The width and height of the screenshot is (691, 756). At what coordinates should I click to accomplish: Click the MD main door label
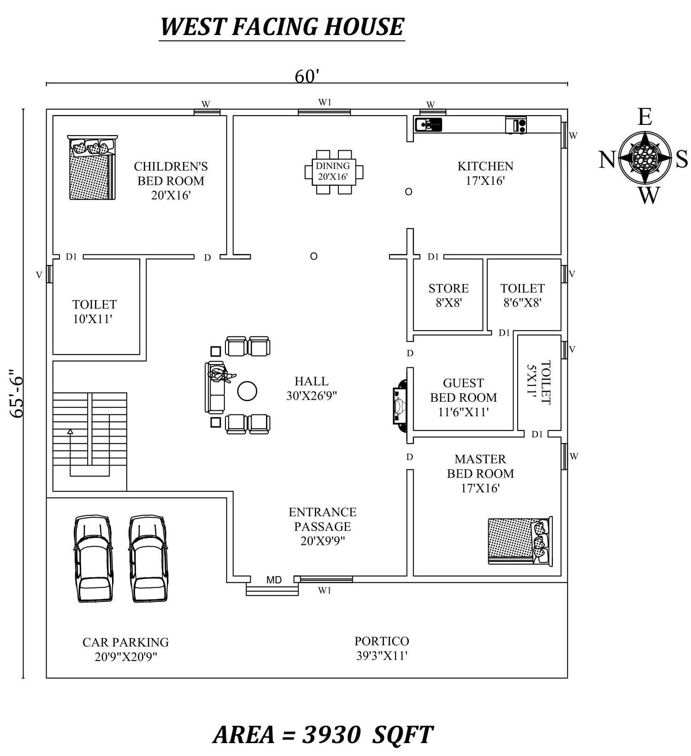[274, 580]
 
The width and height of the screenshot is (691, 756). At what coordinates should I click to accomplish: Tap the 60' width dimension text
[307, 76]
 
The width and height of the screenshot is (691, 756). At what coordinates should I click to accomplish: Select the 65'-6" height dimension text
[17, 393]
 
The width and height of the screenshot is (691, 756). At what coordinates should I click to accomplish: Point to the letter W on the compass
[649, 195]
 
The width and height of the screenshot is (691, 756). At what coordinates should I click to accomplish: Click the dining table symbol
[334, 171]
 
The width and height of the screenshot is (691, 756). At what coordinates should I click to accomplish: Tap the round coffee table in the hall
[247, 391]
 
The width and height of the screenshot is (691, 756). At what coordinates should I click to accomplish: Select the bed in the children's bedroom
[92, 169]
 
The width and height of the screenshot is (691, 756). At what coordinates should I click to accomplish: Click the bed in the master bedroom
[520, 541]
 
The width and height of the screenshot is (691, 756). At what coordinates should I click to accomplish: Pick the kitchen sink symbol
[428, 124]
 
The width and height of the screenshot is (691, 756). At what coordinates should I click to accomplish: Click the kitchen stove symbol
[516, 125]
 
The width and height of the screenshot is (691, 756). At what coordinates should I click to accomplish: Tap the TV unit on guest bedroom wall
[400, 406]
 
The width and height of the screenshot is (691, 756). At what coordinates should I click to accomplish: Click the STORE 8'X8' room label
[448, 295]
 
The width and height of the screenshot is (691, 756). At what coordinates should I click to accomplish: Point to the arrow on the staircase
[70, 432]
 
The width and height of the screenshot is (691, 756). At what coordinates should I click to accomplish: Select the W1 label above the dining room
[325, 102]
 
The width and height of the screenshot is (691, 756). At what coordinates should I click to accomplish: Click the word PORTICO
[381, 641]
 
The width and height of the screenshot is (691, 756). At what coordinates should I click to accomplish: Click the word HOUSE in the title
[364, 26]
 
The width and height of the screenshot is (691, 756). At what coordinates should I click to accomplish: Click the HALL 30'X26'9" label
[312, 388]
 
